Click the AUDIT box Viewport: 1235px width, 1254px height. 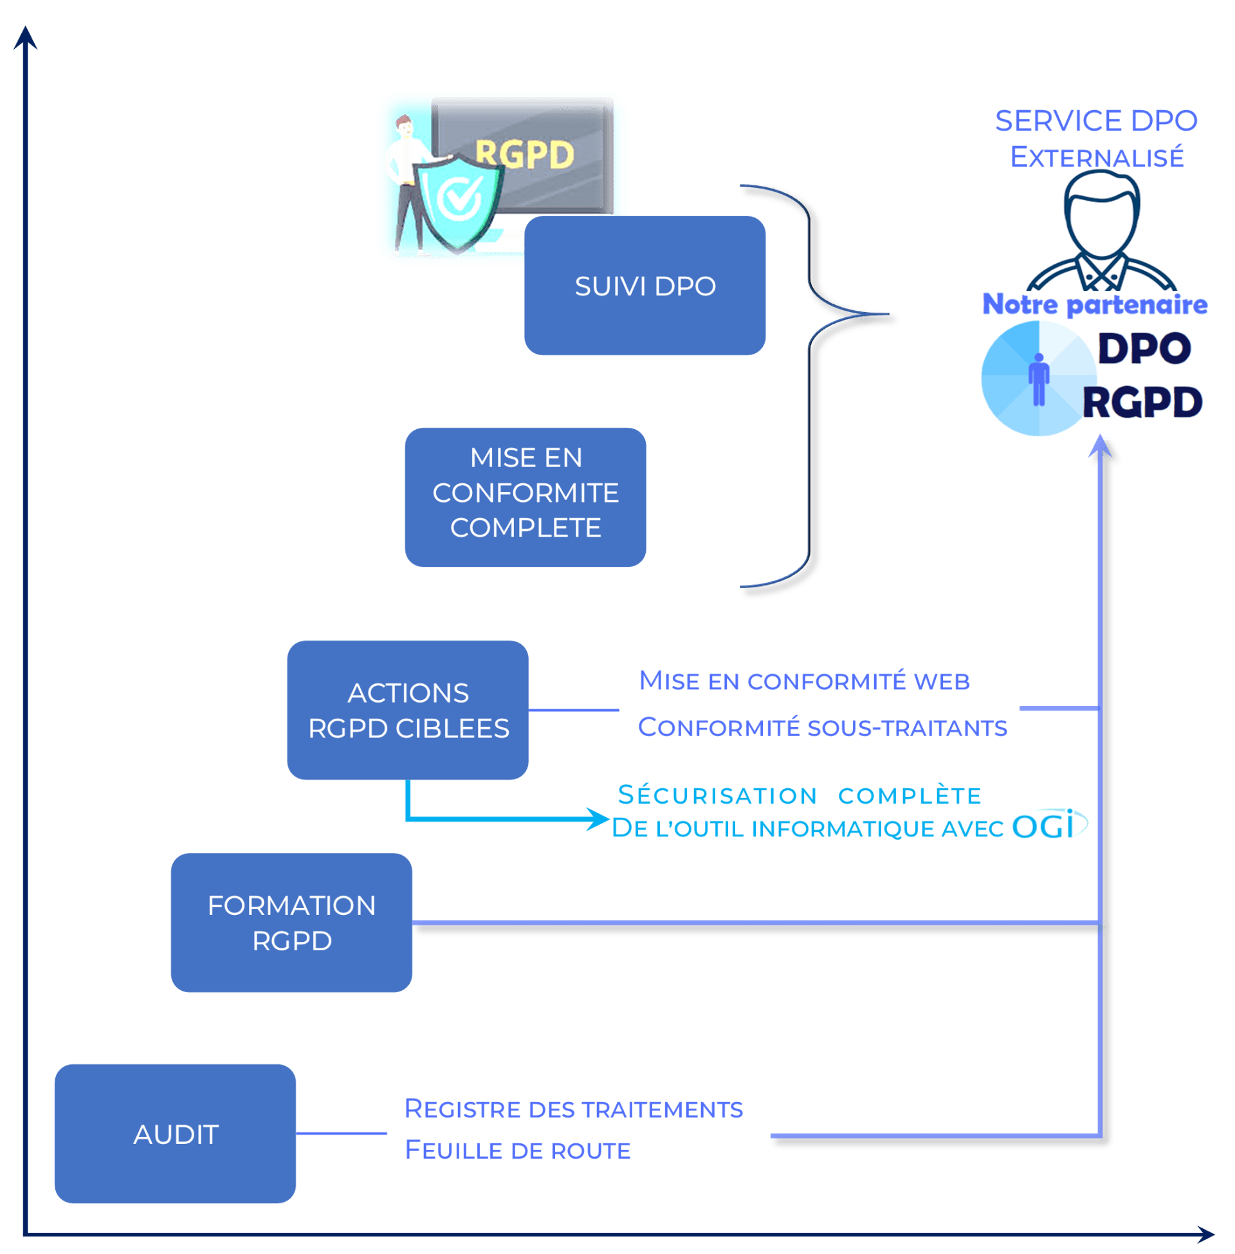175,1133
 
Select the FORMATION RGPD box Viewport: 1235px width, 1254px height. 291,922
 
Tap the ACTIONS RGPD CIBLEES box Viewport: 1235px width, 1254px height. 407,710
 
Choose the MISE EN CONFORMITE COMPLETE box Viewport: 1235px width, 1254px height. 525,497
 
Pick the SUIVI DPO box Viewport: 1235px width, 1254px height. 645,286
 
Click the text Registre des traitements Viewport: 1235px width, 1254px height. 573,1109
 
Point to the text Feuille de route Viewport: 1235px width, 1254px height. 518,1150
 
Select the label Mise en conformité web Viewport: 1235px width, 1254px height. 803,681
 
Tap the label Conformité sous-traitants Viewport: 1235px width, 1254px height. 822,727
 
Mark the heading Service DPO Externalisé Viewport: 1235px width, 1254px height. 1096,138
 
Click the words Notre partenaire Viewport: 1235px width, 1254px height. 1095,304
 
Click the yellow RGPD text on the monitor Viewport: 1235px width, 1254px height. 525,154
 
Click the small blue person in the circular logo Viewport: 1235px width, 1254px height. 1038,379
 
